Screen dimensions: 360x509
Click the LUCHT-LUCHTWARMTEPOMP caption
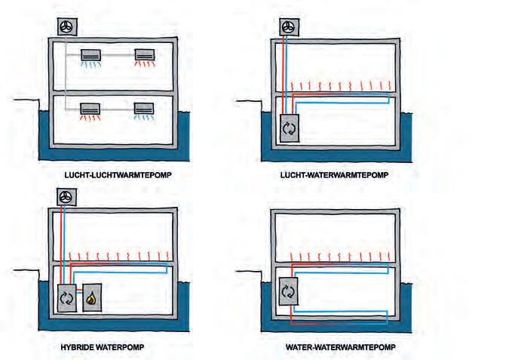118,176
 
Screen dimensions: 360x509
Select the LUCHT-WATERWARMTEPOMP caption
333,176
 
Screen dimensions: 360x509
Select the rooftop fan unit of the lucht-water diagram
288,26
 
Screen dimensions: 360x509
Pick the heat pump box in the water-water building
288,290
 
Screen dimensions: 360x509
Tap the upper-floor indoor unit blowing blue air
92,55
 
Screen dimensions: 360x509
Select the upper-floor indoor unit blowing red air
145,55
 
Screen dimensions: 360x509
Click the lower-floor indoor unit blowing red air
92,108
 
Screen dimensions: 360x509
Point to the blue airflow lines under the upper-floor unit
92,66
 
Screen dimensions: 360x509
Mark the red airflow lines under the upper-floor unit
145,66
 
